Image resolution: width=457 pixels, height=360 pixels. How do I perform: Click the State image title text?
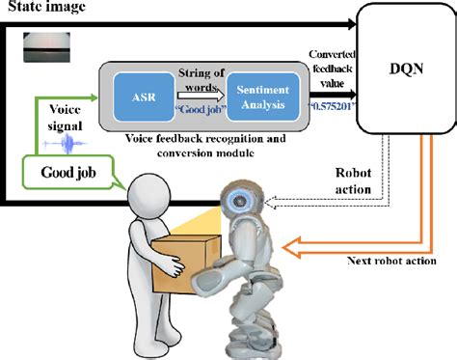tap(43, 9)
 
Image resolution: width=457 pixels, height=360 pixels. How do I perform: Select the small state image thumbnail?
tap(44, 43)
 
